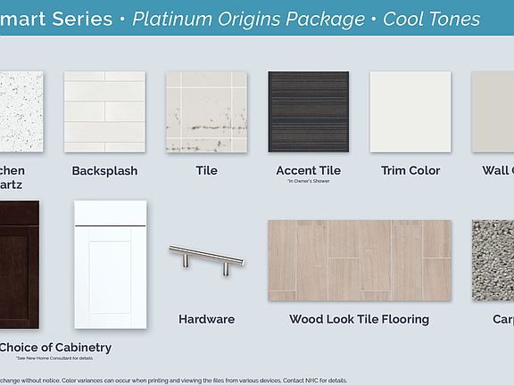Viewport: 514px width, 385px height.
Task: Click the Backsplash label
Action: click(x=104, y=170)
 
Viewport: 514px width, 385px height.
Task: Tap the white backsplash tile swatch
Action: click(x=104, y=112)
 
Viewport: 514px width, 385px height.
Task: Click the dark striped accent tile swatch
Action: click(x=308, y=112)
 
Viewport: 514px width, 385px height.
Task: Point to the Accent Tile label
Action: click(x=308, y=170)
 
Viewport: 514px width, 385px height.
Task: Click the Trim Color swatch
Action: click(x=410, y=112)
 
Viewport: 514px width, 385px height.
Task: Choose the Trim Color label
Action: click(x=410, y=170)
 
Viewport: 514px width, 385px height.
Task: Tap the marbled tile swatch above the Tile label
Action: click(x=206, y=112)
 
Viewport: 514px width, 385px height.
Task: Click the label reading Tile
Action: click(x=206, y=170)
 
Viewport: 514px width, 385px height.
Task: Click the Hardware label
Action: click(x=206, y=319)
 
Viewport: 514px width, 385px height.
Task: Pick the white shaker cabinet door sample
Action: click(x=110, y=265)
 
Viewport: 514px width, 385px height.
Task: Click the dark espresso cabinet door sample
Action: click(x=19, y=265)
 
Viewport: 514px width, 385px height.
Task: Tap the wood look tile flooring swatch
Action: click(x=359, y=260)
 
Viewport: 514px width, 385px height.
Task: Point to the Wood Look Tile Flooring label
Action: click(x=359, y=319)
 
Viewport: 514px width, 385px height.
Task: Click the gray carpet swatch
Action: click(x=493, y=260)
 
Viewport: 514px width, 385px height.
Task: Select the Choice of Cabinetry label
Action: click(x=55, y=347)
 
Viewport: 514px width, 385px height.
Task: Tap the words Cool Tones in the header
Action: click(x=431, y=19)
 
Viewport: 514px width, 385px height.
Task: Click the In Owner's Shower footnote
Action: click(x=308, y=182)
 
